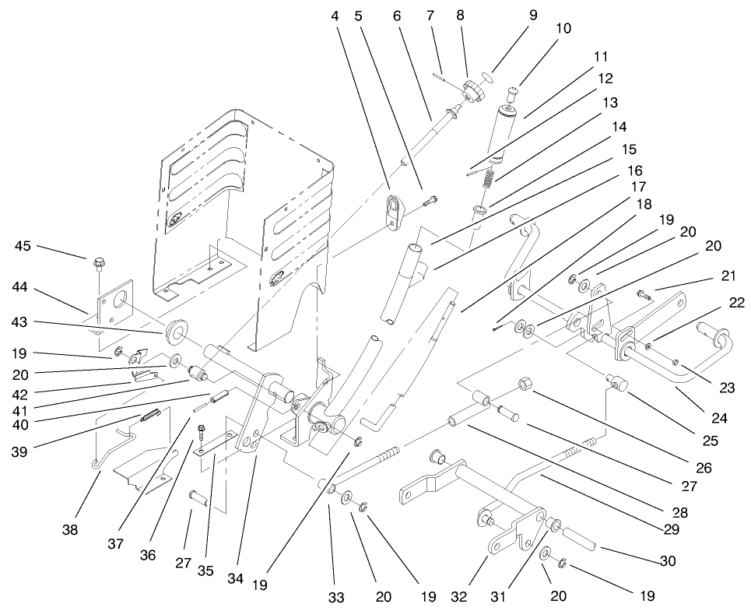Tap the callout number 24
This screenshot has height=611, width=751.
coord(719,418)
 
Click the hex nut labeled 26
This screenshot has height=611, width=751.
coord(524,383)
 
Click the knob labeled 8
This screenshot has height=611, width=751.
coord(472,91)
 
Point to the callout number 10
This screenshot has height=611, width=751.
coord(563,29)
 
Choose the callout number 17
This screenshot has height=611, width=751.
coord(638,187)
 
